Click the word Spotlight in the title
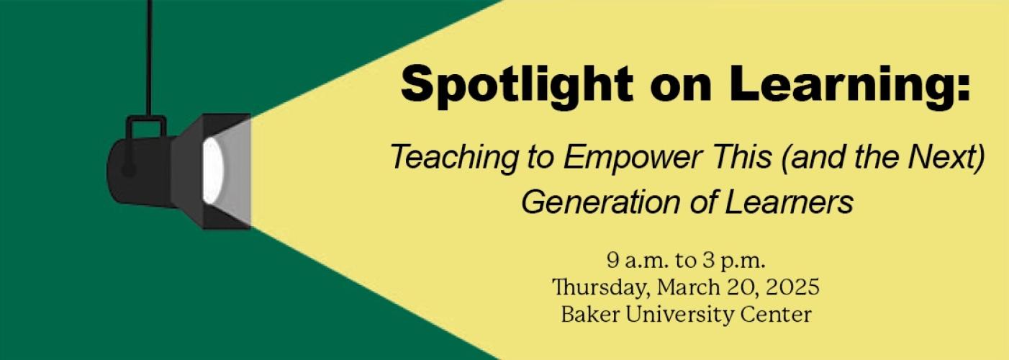tap(517, 86)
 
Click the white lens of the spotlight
tap(212, 171)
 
